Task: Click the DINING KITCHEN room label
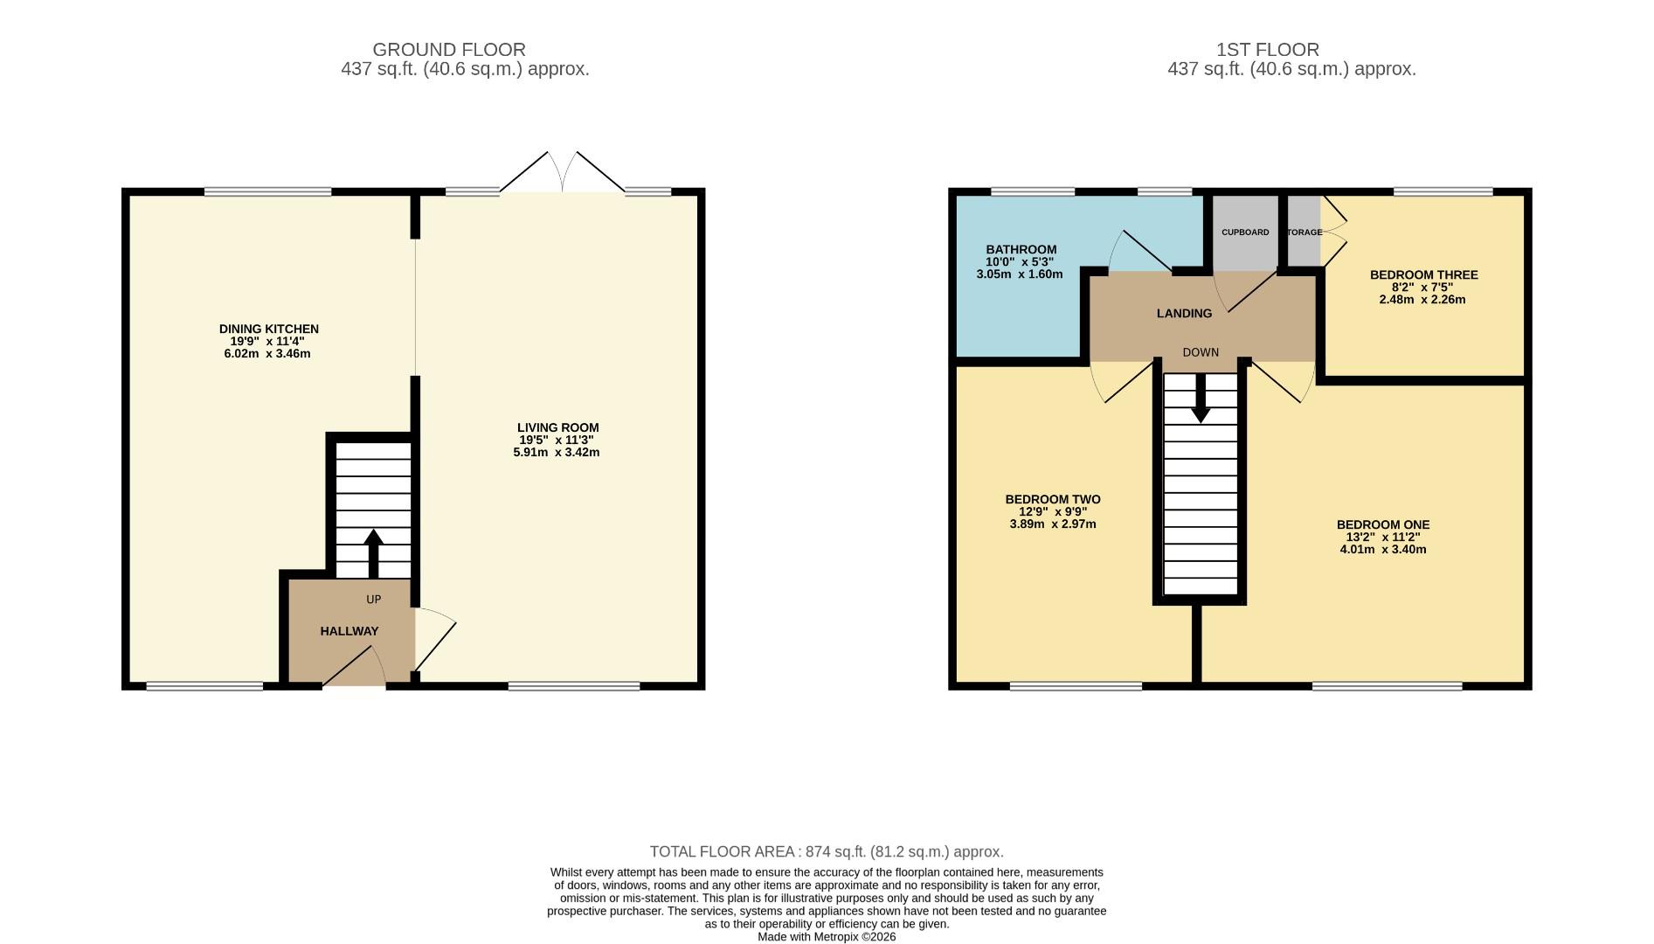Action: (268, 330)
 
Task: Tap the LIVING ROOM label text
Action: (557, 428)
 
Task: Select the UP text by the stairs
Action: (373, 600)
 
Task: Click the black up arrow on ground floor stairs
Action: (373, 551)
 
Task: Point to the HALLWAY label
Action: (349, 631)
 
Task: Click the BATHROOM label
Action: (1021, 250)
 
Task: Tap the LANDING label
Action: (1184, 314)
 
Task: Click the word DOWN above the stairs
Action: (1201, 353)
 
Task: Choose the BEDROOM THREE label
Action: (1423, 275)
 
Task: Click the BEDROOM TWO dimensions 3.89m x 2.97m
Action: (1052, 524)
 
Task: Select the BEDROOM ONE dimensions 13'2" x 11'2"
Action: (1382, 538)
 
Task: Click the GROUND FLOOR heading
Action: (448, 50)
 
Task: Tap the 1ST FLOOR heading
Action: (1291, 50)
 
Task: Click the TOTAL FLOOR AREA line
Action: (827, 851)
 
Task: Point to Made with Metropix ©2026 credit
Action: (827, 937)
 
